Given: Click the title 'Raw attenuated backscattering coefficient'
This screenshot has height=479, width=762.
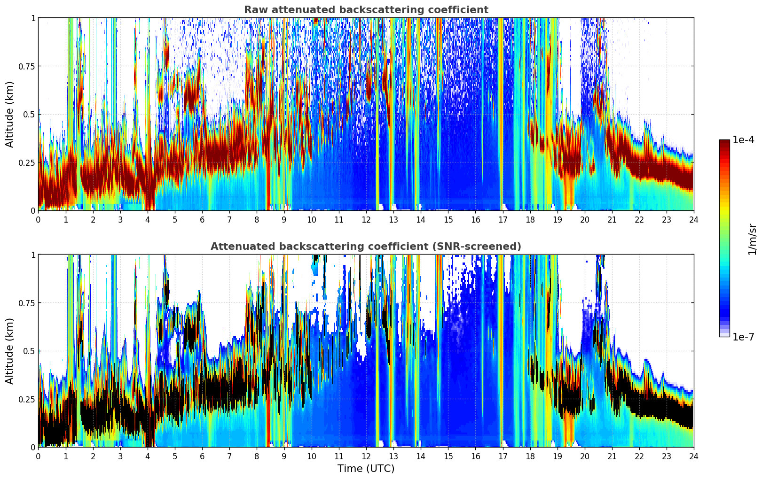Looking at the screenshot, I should pos(366,10).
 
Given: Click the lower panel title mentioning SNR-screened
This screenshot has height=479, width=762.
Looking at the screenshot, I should pos(366,247).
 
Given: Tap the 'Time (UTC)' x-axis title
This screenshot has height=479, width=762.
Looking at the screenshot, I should pos(366,469).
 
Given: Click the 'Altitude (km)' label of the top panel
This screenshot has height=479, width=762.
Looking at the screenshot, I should pos(10,114).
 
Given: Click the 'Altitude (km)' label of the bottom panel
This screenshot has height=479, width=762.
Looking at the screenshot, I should pos(10,351).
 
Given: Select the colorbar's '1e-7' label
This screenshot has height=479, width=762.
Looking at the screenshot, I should pos(743,337).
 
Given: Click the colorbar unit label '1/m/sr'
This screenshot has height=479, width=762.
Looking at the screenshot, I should pos(752,239).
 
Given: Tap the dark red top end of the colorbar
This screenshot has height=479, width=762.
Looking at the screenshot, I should pos(724,142).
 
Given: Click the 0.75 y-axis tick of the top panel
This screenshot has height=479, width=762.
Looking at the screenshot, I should pos(27,66).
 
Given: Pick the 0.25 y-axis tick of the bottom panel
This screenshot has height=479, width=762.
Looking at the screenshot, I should pos(27,399).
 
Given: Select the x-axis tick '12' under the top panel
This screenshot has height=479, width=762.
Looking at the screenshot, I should pos(366,219).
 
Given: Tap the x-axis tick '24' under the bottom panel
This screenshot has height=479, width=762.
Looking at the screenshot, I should pos(693,456).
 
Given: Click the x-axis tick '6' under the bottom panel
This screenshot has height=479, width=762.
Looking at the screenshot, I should pos(202,456).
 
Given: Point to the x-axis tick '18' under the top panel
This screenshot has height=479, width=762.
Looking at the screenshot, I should pos(530,219).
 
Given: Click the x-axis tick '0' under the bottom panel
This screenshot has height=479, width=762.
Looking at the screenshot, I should pos(38,456).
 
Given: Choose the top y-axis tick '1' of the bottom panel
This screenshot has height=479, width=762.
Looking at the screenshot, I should pos(33,255).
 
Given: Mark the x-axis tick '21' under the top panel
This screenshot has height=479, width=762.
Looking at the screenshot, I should pos(612,219).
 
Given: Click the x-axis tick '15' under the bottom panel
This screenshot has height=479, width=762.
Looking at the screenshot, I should pos(448,456).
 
